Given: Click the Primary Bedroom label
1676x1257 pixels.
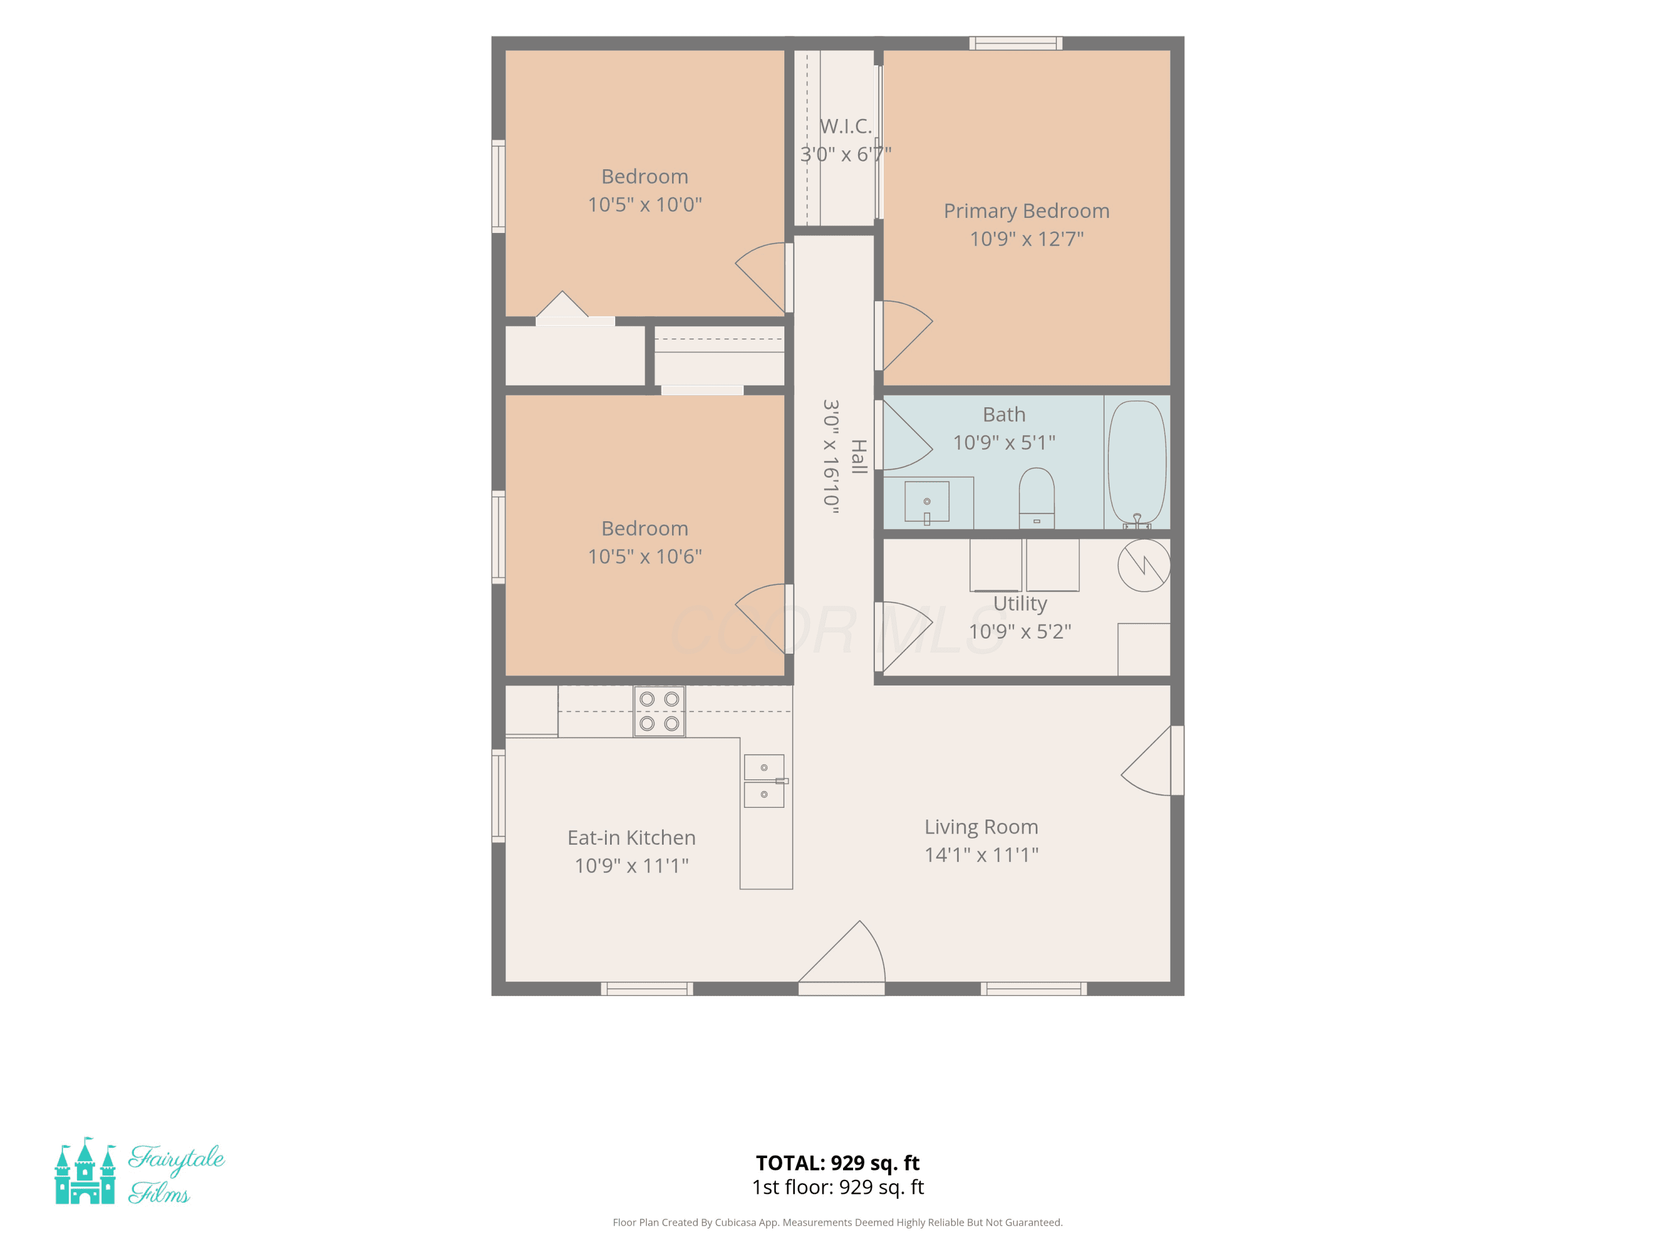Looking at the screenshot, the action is pos(1027,211).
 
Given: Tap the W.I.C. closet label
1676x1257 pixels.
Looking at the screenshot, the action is pos(846,126).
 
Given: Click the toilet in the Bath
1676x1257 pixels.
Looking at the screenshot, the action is pos(1036,497).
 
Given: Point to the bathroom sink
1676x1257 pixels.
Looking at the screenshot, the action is pos(927,502).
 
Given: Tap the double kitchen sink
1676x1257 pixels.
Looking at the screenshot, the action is pos(764,781).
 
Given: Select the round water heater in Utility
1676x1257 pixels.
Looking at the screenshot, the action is pos(1144,565).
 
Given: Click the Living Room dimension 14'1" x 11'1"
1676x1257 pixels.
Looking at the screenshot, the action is pos(981,855).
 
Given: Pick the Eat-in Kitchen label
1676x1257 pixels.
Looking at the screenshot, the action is pos(631,837).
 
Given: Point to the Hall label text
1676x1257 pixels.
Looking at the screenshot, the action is pos(859,457).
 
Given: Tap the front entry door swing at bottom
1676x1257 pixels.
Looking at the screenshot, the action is pos(842,957).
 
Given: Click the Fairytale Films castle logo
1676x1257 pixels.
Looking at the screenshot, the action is pos(85,1170).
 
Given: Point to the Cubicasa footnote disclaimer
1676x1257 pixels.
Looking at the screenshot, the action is pos(837,1222).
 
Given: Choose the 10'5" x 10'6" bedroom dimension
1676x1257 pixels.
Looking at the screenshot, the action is pos(645,557).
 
